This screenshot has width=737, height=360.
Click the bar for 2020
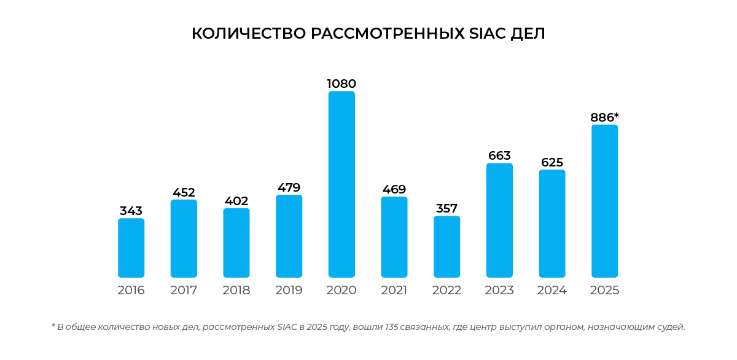(341, 184)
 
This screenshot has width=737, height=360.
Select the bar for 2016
(131, 248)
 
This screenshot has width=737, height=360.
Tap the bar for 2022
(446, 247)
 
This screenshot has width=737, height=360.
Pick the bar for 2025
(604, 201)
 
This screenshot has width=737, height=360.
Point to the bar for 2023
(499, 220)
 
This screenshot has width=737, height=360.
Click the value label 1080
(341, 84)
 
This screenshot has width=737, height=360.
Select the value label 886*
(604, 117)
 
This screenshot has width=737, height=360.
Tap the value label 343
(131, 211)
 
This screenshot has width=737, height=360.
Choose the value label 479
(289, 187)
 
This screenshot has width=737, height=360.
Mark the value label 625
(552, 162)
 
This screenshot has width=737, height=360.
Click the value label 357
(446, 208)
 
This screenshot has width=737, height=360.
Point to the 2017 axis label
(184, 291)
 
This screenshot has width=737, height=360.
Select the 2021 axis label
(394, 291)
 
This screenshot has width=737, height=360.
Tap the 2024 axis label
(552, 291)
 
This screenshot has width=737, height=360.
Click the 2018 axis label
(236, 291)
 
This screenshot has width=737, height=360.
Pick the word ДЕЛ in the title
(528, 34)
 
